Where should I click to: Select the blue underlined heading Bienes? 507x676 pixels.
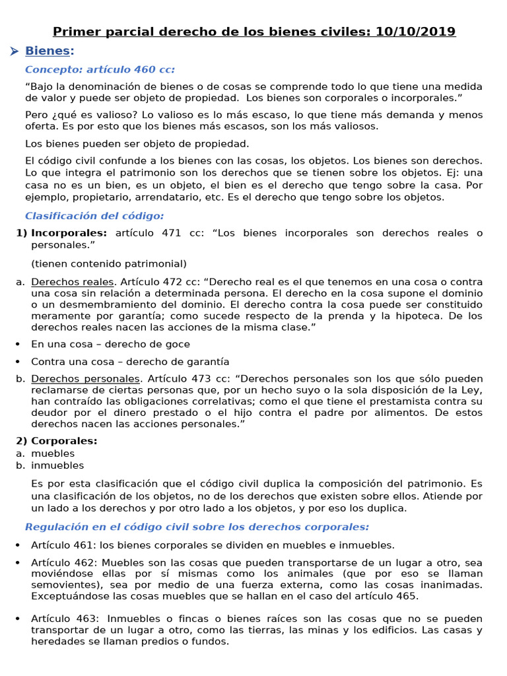click(x=47, y=51)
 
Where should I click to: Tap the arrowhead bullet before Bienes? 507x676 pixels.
click(x=14, y=51)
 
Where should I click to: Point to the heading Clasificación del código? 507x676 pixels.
click(x=94, y=216)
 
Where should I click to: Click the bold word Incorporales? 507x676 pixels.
click(x=69, y=233)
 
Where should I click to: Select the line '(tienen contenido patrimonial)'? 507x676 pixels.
click(x=109, y=263)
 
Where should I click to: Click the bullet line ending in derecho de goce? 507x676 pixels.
click(x=110, y=344)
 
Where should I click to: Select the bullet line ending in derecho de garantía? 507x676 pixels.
click(x=130, y=362)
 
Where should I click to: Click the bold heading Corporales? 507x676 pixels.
click(x=64, y=441)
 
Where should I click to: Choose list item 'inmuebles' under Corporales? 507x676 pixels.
click(x=57, y=465)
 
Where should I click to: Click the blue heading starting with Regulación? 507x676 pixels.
click(x=197, y=527)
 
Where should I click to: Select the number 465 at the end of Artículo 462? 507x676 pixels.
click(x=406, y=596)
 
